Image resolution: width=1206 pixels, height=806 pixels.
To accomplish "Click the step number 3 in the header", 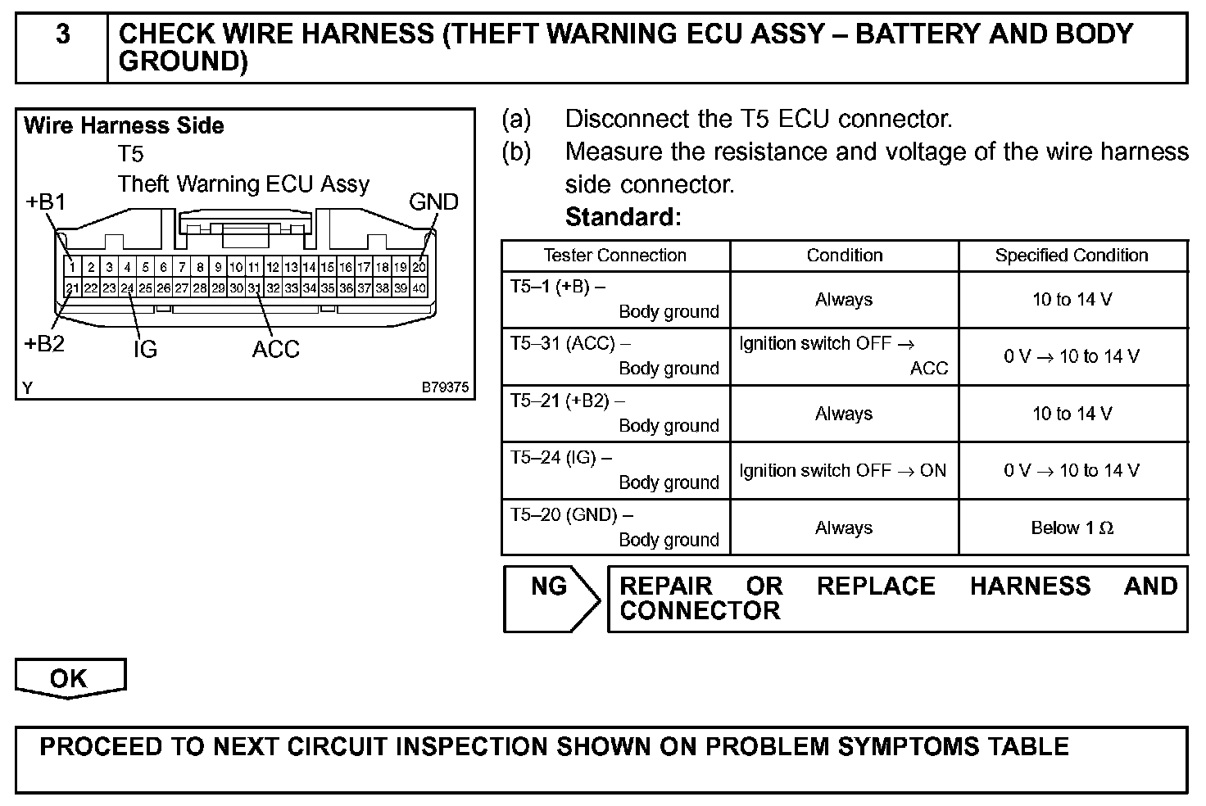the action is click(62, 35).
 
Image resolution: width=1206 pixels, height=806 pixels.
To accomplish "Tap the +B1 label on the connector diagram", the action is click(46, 202).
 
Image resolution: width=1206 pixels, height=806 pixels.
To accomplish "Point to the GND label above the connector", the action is click(433, 202).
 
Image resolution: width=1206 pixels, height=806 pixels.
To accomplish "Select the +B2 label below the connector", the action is click(44, 344).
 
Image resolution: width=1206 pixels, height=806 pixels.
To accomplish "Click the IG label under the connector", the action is click(145, 350).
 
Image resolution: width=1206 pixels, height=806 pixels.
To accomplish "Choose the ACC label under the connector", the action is click(276, 350).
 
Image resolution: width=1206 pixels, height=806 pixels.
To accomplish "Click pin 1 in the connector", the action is click(73, 267).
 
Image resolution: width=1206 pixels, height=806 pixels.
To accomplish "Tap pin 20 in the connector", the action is click(419, 267).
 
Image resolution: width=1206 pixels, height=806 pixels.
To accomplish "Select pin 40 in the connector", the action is click(419, 288).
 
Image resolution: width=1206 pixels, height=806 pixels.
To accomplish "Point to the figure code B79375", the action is click(446, 387).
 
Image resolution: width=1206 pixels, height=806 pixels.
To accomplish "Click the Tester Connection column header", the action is click(614, 256).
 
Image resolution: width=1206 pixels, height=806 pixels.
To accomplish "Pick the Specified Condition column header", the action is click(1072, 256).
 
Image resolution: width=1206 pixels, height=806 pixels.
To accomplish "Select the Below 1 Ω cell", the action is click(1072, 528).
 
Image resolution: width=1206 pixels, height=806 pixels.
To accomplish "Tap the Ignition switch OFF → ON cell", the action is click(842, 471).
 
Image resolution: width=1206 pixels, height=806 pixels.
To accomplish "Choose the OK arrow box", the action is click(69, 679).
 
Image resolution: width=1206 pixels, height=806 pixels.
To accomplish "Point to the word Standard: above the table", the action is click(623, 217).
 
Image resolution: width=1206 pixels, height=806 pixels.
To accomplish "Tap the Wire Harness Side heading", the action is click(124, 126).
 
